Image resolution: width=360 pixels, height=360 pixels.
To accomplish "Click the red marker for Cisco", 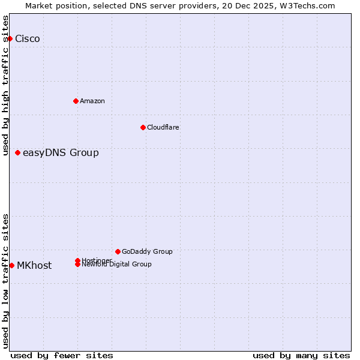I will pyautogui.click(x=10, y=38).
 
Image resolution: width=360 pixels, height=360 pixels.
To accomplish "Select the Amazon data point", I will pyautogui.click(x=76, y=101).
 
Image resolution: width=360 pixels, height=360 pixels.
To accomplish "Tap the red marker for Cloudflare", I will pyautogui.click(x=143, y=127).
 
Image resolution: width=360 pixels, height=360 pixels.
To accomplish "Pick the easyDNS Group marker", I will pyautogui.click(x=18, y=152).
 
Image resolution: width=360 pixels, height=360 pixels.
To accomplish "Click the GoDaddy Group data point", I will pyautogui.click(x=118, y=251).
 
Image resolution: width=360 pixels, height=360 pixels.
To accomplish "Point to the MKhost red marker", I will pyautogui.click(x=12, y=265).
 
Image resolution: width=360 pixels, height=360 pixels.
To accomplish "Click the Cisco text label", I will pyautogui.click(x=28, y=39).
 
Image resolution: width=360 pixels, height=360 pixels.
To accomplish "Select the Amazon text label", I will pyautogui.click(x=92, y=101).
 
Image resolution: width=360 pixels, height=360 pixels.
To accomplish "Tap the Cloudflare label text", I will pyautogui.click(x=163, y=127).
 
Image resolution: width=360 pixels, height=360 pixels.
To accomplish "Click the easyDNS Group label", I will pyautogui.click(x=61, y=153).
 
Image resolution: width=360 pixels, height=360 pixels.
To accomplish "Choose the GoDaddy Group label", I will pyautogui.click(x=147, y=251).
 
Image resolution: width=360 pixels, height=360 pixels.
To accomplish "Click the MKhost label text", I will pyautogui.click(x=34, y=266).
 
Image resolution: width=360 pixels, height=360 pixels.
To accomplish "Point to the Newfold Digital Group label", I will pyautogui.click(x=117, y=265).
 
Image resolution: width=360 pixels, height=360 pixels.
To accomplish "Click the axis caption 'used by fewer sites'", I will pyautogui.click(x=62, y=355).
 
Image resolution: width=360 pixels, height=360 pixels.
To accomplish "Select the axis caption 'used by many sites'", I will pyautogui.click(x=301, y=355).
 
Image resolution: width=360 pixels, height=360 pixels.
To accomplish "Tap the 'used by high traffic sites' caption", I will pyautogui.click(x=6, y=85).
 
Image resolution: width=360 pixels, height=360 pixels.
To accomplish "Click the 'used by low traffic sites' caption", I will pyautogui.click(x=6, y=280).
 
